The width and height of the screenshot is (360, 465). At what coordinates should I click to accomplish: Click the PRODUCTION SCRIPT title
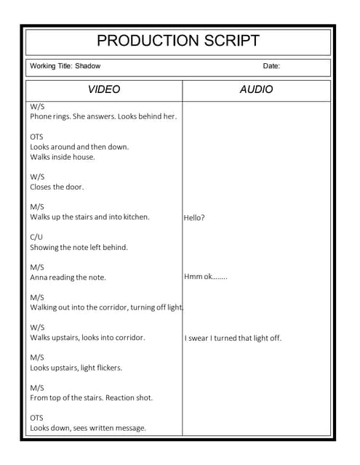[178, 41]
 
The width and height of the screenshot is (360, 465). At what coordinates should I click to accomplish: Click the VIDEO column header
[104, 90]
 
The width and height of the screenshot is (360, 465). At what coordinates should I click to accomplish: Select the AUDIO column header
[256, 90]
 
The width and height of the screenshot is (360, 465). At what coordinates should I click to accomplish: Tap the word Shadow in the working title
[88, 66]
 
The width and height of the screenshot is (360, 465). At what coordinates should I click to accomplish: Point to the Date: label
[271, 66]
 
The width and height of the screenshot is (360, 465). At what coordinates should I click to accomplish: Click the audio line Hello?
[195, 217]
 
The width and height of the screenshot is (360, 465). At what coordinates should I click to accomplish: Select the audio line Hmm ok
[206, 277]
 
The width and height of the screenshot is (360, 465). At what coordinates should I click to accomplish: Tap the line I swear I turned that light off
[233, 338]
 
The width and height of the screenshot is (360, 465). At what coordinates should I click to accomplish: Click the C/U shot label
[36, 237]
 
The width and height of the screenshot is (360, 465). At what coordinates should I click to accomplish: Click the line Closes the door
[57, 187]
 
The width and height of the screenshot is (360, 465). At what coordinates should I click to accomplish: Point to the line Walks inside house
[63, 157]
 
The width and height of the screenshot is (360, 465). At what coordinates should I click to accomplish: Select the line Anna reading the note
[68, 278]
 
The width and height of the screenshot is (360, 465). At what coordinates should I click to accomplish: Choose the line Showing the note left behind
[79, 247]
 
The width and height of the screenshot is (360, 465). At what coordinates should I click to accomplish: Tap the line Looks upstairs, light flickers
[76, 368]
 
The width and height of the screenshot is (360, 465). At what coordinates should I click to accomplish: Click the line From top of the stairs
[91, 398]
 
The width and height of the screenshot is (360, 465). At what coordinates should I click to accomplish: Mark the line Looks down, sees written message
[87, 428]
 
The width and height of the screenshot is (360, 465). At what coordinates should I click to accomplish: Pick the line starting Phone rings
[103, 116]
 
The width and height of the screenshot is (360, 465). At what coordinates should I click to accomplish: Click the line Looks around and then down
[79, 147]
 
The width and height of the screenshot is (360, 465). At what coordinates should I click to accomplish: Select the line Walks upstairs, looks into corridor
[87, 338]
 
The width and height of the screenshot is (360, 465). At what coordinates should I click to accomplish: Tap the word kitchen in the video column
[135, 217]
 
